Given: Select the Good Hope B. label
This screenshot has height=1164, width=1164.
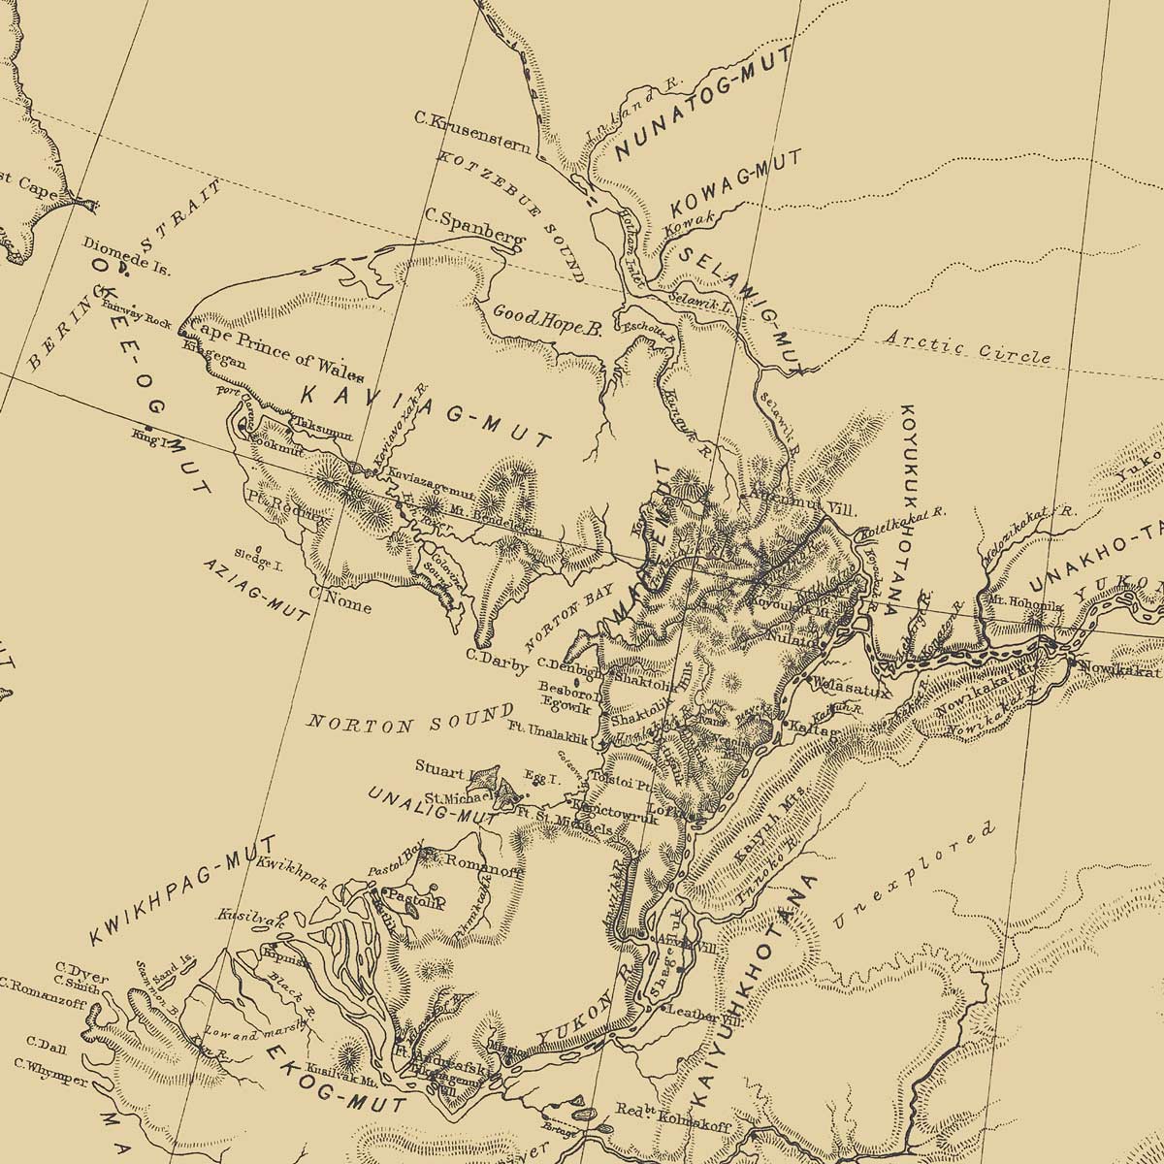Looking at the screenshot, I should click(x=547, y=319).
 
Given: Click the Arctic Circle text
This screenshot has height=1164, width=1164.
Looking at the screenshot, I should click(x=968, y=347).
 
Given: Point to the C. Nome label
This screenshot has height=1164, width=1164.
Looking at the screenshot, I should click(x=339, y=600).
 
